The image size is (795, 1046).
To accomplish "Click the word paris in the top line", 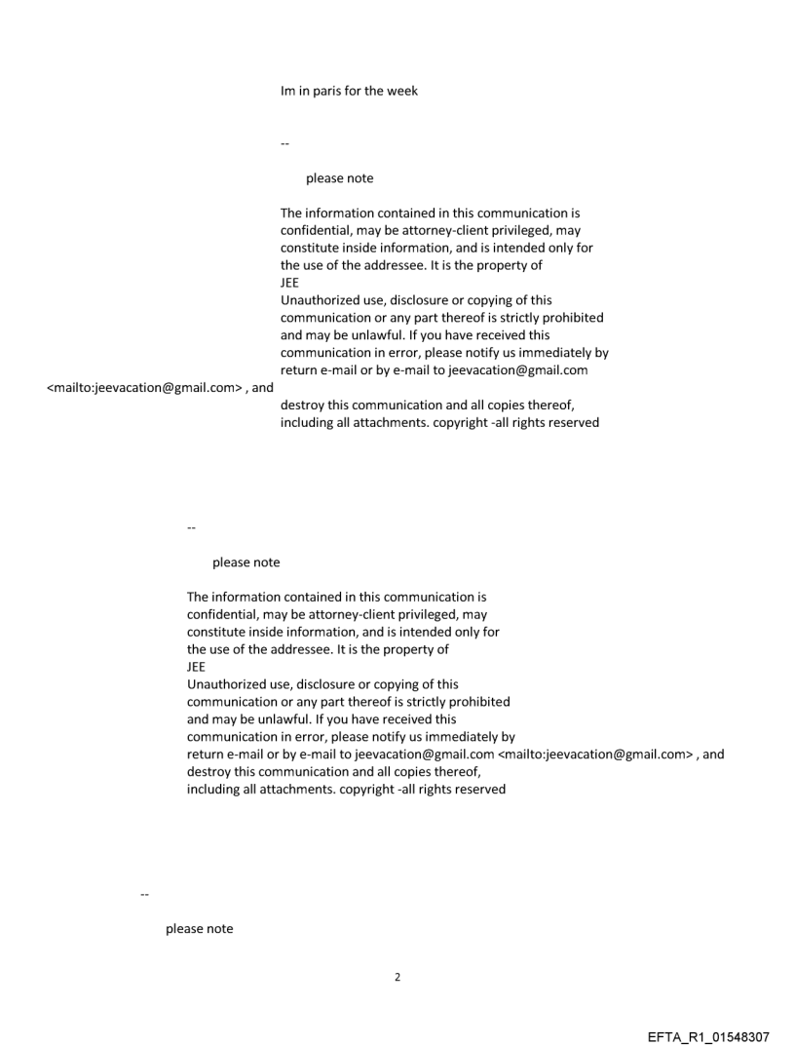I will [x=327, y=92].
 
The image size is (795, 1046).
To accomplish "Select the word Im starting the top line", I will [x=287, y=92].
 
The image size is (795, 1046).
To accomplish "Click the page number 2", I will [x=397, y=977].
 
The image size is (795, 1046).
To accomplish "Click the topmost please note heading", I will [x=339, y=178].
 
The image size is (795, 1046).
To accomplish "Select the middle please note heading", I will [x=246, y=562].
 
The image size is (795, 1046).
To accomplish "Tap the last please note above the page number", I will [x=199, y=929].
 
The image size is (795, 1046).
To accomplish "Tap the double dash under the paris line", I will [x=284, y=143].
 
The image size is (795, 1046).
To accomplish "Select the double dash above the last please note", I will [x=144, y=893].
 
